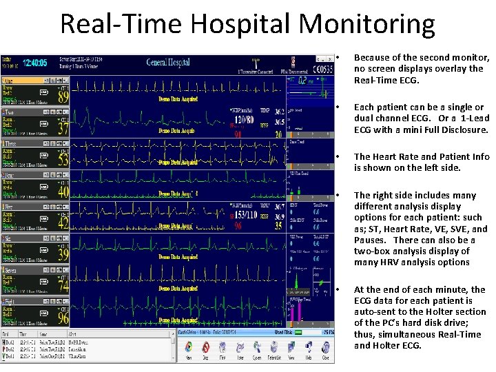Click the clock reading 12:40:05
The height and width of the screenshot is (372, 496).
coord(35,62)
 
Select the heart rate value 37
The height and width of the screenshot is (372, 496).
coord(63,129)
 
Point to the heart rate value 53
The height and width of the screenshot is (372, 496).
coord(63,161)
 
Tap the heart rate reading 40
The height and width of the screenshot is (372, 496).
coord(63,192)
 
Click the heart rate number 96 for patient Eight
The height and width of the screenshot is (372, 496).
coord(63,319)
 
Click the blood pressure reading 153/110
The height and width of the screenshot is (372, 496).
coord(245,214)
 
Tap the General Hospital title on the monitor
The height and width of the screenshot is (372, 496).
coord(172,63)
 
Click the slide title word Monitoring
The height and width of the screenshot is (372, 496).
coord(366,24)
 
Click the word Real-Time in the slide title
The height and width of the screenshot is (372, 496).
coord(121,24)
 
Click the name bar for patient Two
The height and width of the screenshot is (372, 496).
coord(28,112)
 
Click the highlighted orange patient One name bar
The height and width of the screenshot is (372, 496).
coord(28,81)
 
